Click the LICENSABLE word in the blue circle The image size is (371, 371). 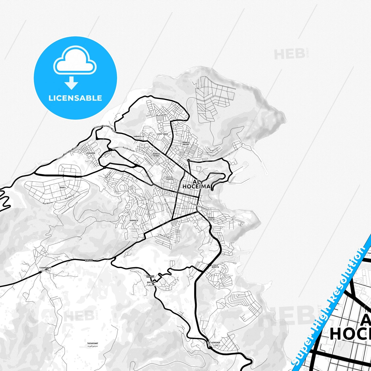tap(75, 98)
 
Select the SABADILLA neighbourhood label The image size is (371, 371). tap(139, 136)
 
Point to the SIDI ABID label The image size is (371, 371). tap(163, 134)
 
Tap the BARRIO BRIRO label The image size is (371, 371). tap(186, 143)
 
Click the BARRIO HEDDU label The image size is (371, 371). tap(156, 155)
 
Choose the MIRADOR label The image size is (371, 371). tap(91, 153)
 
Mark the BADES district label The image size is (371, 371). tap(62, 188)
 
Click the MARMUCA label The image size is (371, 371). tap(134, 220)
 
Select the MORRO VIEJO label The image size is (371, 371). tap(211, 219)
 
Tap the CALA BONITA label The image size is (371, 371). tap(215, 266)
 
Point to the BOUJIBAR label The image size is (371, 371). tap(151, 282)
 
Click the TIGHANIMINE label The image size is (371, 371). tap(45, 268)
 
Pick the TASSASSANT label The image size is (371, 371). tap(92, 343)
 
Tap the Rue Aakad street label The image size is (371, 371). tap(161, 116)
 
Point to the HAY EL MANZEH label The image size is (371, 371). tap(170, 178)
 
